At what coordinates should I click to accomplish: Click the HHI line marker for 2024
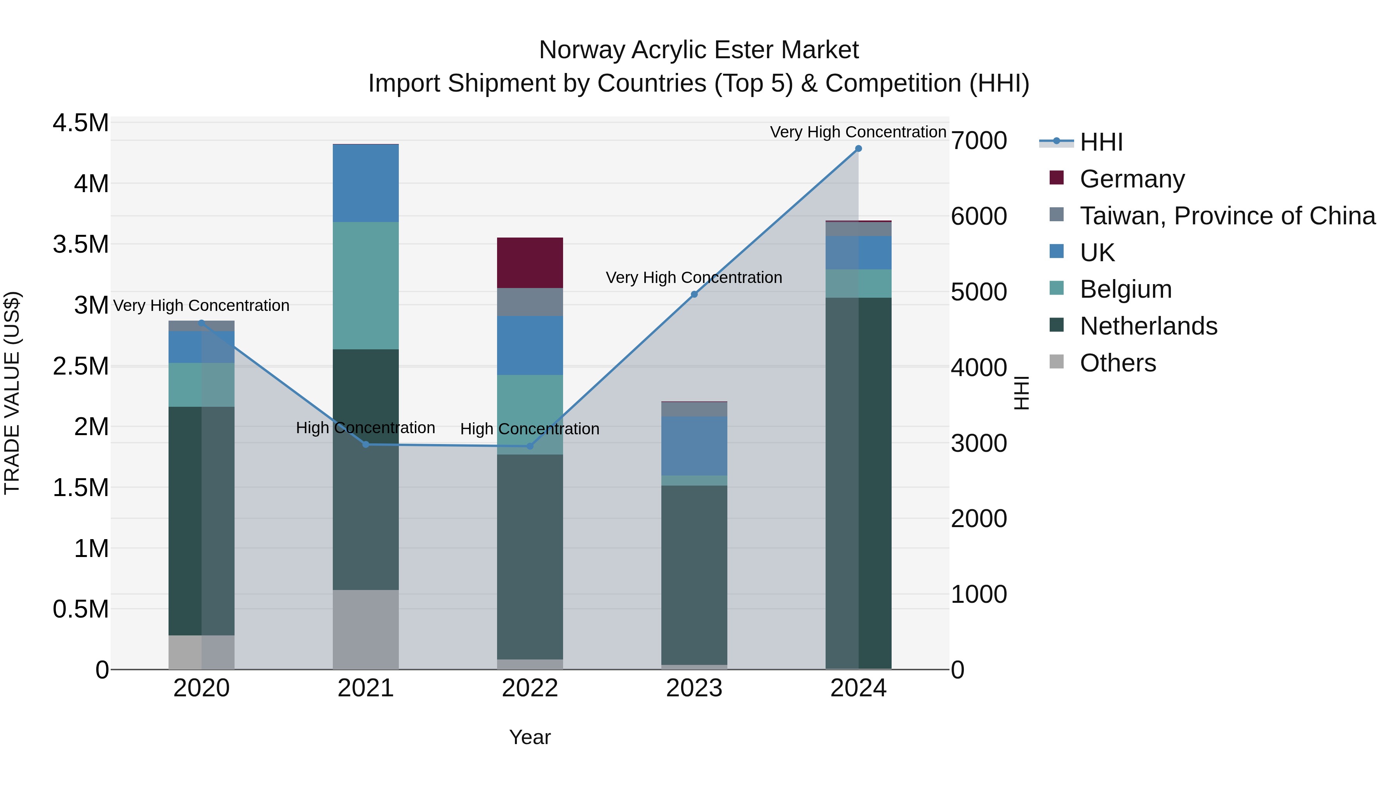[858, 149]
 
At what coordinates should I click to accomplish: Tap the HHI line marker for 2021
[365, 444]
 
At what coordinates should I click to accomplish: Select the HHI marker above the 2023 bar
[694, 294]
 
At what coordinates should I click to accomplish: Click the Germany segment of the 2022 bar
[530, 262]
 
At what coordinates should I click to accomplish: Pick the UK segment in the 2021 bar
[365, 183]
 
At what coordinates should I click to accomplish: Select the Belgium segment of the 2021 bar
[365, 285]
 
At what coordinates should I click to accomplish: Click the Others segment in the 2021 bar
[365, 629]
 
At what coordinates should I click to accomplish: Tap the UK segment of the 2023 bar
[694, 446]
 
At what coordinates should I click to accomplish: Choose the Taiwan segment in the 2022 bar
[530, 302]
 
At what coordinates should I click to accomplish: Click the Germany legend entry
[1132, 179]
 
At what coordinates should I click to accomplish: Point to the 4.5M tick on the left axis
[80, 123]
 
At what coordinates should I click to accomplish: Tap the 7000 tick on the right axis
[979, 141]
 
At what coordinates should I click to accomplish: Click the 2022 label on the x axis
[530, 688]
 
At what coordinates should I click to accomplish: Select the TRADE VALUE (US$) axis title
[12, 393]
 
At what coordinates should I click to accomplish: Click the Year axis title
[530, 737]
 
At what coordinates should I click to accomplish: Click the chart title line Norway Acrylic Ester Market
[699, 50]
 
